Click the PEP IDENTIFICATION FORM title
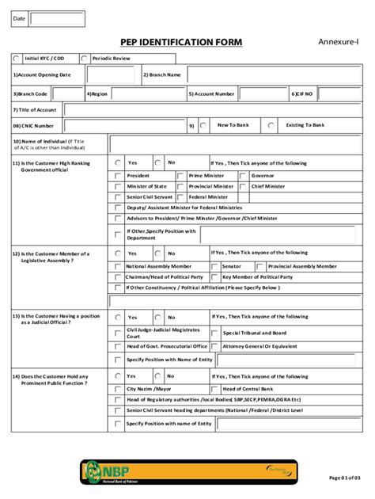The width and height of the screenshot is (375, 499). coord(181,42)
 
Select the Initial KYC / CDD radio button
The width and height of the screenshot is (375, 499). coord(17,58)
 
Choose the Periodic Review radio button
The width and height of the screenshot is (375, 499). coord(84,58)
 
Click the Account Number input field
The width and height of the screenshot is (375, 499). coord(262,93)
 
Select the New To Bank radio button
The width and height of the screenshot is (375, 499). coord(203,125)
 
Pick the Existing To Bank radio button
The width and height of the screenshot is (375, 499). coord(271,125)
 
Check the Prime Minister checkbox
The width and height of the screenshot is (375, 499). coord(181,175)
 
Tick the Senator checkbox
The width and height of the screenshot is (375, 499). coord(214,267)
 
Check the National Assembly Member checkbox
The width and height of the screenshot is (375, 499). coord(119,267)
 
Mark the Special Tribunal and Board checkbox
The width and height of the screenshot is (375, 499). coord(215,333)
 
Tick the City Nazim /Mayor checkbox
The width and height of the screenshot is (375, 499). coord(119,389)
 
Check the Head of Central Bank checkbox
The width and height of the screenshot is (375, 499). coord(215,389)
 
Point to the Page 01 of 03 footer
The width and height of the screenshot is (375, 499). coord(348,478)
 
